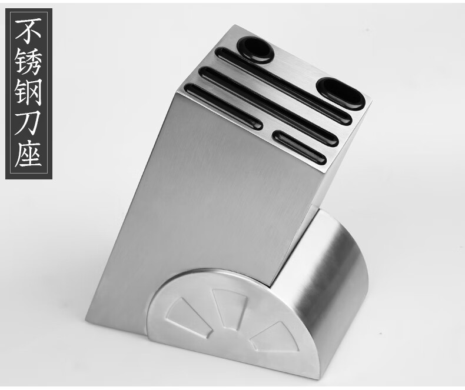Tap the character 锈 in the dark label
[x=28, y=62]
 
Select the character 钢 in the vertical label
[x=28, y=92]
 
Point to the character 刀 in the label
[x=28, y=123]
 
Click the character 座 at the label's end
[x=28, y=153]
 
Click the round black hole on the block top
[x=255, y=50]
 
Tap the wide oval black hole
[x=340, y=94]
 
